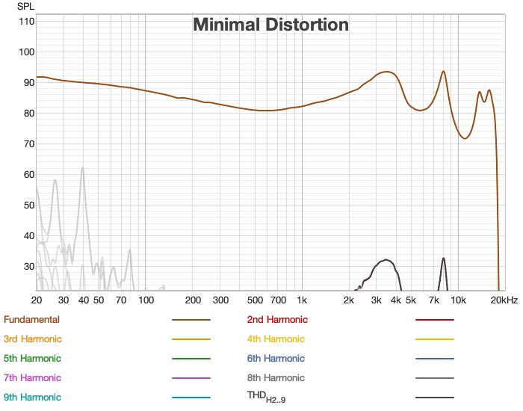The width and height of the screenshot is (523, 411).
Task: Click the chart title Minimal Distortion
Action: click(x=270, y=25)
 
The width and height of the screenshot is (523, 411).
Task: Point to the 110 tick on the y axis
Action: click(x=26, y=21)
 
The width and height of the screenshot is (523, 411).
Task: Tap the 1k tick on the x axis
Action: click(x=301, y=300)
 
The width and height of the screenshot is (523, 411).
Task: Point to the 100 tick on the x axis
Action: click(x=145, y=300)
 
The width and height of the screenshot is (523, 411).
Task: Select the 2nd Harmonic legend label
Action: click(x=277, y=320)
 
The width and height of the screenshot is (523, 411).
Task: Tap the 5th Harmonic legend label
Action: click(x=32, y=359)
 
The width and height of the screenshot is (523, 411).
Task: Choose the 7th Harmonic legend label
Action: click(x=32, y=378)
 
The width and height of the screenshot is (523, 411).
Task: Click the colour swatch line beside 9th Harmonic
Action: click(x=191, y=398)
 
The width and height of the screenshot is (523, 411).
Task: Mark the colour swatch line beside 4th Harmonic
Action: click(x=435, y=339)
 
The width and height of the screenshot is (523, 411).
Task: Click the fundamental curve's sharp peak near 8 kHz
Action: click(x=444, y=72)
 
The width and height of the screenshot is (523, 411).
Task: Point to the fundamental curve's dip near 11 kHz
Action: click(x=465, y=138)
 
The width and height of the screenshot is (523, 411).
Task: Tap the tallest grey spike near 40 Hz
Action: click(x=82, y=167)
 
